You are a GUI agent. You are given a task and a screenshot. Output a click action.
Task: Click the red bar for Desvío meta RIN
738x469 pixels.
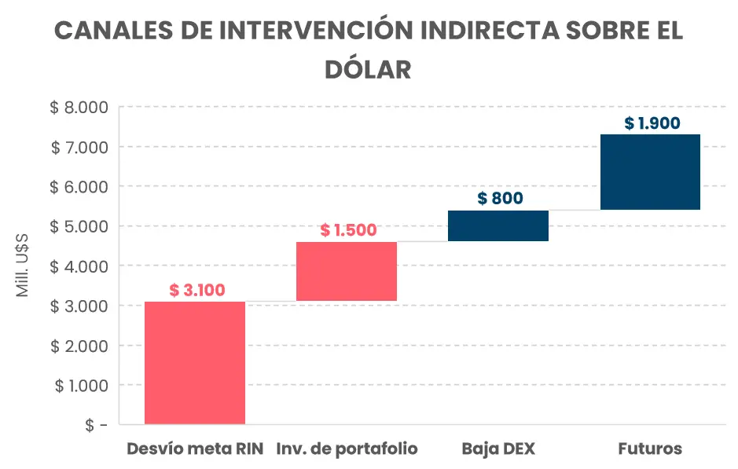click(x=195, y=362)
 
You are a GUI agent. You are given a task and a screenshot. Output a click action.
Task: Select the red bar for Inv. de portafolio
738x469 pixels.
click(x=347, y=271)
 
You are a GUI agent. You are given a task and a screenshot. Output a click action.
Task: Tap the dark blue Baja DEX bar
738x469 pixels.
click(x=498, y=225)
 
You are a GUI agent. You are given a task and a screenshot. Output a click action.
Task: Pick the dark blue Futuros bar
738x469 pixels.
click(x=650, y=172)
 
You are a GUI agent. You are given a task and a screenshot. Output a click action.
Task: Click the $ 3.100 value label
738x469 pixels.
click(x=197, y=290)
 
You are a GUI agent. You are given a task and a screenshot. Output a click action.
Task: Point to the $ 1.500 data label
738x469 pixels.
click(x=348, y=230)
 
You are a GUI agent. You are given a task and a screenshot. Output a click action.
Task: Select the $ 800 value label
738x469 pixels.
click(x=500, y=198)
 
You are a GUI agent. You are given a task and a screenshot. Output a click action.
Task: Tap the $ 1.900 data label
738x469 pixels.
click(x=652, y=123)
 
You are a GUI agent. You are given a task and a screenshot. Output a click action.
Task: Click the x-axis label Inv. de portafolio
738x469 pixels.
click(x=347, y=449)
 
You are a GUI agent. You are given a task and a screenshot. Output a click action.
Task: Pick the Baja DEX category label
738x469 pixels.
click(x=498, y=449)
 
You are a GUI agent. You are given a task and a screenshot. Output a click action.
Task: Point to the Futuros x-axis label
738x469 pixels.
click(x=650, y=449)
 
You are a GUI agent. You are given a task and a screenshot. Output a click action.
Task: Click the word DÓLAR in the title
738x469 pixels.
click(x=369, y=69)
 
